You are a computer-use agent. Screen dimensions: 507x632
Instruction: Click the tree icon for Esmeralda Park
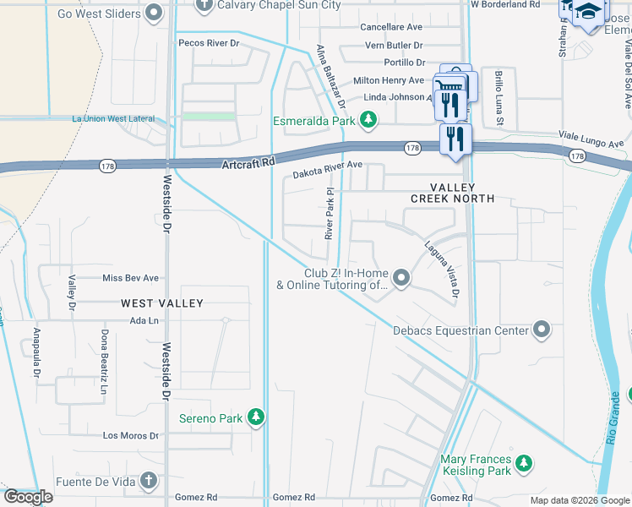pyautogui.click(x=368, y=122)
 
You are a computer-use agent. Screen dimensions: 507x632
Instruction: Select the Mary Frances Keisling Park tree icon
pyautogui.click(x=525, y=462)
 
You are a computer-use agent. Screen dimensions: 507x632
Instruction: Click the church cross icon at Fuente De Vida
pyautogui.click(x=149, y=482)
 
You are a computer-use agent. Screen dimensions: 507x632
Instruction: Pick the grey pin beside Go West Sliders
pyautogui.click(x=154, y=12)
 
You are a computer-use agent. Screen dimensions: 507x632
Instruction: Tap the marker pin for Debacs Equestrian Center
pyautogui.click(x=542, y=330)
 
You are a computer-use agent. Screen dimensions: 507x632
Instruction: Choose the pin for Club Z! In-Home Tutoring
pyautogui.click(x=402, y=277)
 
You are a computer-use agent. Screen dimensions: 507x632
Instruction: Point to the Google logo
pyautogui.click(x=28, y=497)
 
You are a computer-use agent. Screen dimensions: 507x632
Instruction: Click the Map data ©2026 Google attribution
pyautogui.click(x=579, y=499)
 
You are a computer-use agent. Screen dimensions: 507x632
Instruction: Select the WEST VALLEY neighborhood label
pyautogui.click(x=162, y=303)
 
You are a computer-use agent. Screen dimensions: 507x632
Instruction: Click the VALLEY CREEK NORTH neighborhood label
pyautogui.click(x=452, y=193)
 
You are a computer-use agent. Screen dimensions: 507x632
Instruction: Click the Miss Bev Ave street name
pyautogui.click(x=130, y=278)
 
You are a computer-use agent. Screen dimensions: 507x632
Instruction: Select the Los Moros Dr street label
pyautogui.click(x=130, y=436)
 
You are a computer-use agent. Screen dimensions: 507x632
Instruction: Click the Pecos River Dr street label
pyautogui.click(x=207, y=42)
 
